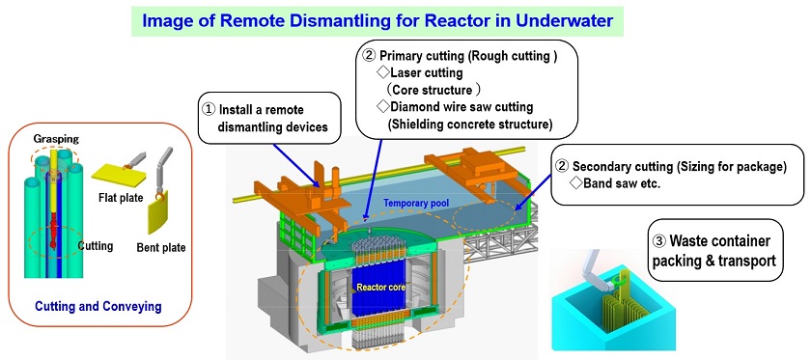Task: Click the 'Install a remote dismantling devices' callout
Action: coord(267,117)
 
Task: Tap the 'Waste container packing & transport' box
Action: coord(713,250)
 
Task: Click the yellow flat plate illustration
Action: coord(113,173)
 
